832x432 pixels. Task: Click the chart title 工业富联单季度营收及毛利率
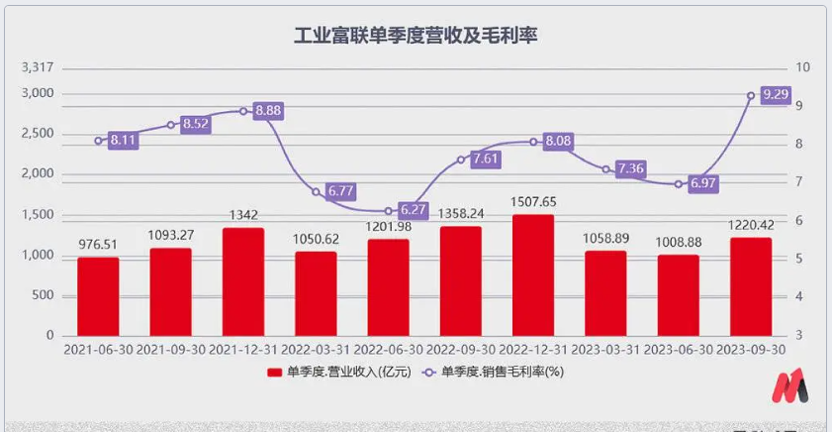(416, 36)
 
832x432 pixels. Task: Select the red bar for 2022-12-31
(533, 274)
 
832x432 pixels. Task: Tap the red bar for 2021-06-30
(98, 296)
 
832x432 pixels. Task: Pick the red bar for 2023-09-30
(751, 286)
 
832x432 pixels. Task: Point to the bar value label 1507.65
(533, 202)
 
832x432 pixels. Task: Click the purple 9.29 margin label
(776, 95)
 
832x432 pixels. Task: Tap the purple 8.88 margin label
(268, 111)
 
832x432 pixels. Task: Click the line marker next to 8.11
(98, 141)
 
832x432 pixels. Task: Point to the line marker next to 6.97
(679, 184)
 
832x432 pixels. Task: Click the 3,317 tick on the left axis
(37, 67)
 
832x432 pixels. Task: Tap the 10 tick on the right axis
(802, 67)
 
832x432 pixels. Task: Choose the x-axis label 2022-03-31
(316, 350)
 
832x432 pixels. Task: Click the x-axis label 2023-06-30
(679, 350)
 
